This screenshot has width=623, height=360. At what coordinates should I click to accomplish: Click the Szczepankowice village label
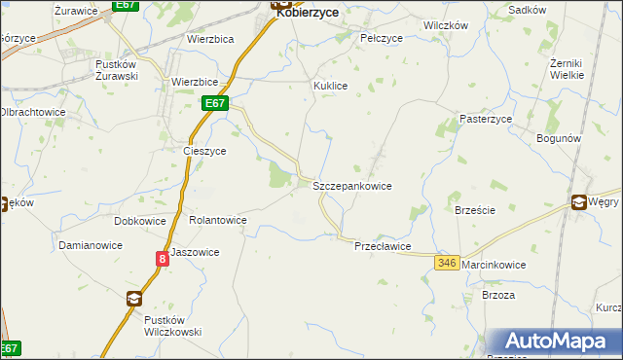(352, 185)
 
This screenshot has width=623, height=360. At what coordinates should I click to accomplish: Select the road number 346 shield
(448, 264)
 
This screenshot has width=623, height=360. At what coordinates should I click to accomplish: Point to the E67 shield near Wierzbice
(216, 102)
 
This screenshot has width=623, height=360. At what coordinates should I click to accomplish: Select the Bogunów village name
(559, 138)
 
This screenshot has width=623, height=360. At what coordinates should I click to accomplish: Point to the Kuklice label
(330, 86)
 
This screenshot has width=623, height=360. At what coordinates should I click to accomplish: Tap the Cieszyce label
(204, 151)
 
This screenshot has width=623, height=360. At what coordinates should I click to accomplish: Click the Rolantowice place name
(218, 221)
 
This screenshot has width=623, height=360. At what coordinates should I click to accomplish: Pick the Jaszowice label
(195, 252)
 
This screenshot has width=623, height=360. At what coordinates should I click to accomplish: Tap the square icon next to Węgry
(579, 202)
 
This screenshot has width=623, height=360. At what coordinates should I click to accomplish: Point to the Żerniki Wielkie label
(567, 68)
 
